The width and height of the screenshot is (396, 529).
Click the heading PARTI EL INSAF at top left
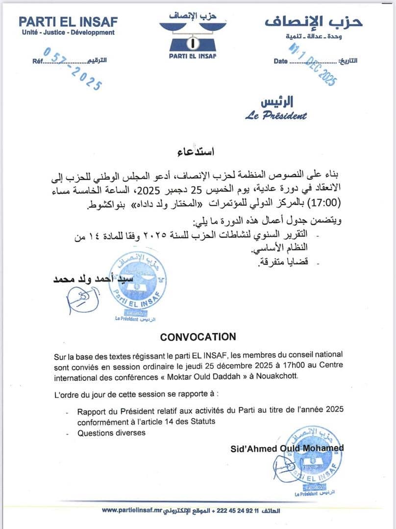click(x=68, y=22)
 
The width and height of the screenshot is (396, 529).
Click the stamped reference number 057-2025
click(x=73, y=68)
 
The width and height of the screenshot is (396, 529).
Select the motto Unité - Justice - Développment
click(x=68, y=33)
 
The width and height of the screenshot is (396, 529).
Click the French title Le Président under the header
click(x=276, y=116)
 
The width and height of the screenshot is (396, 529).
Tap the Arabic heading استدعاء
click(x=198, y=151)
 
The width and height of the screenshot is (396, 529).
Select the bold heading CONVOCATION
click(x=198, y=337)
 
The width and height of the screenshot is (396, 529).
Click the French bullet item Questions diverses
click(x=111, y=433)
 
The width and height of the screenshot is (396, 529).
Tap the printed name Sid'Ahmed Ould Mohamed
click(x=287, y=448)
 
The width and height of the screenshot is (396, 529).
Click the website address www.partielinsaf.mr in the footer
click(x=132, y=510)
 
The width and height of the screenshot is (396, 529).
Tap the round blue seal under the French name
click(x=310, y=460)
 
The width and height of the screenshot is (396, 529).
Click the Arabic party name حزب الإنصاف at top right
click(x=314, y=22)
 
